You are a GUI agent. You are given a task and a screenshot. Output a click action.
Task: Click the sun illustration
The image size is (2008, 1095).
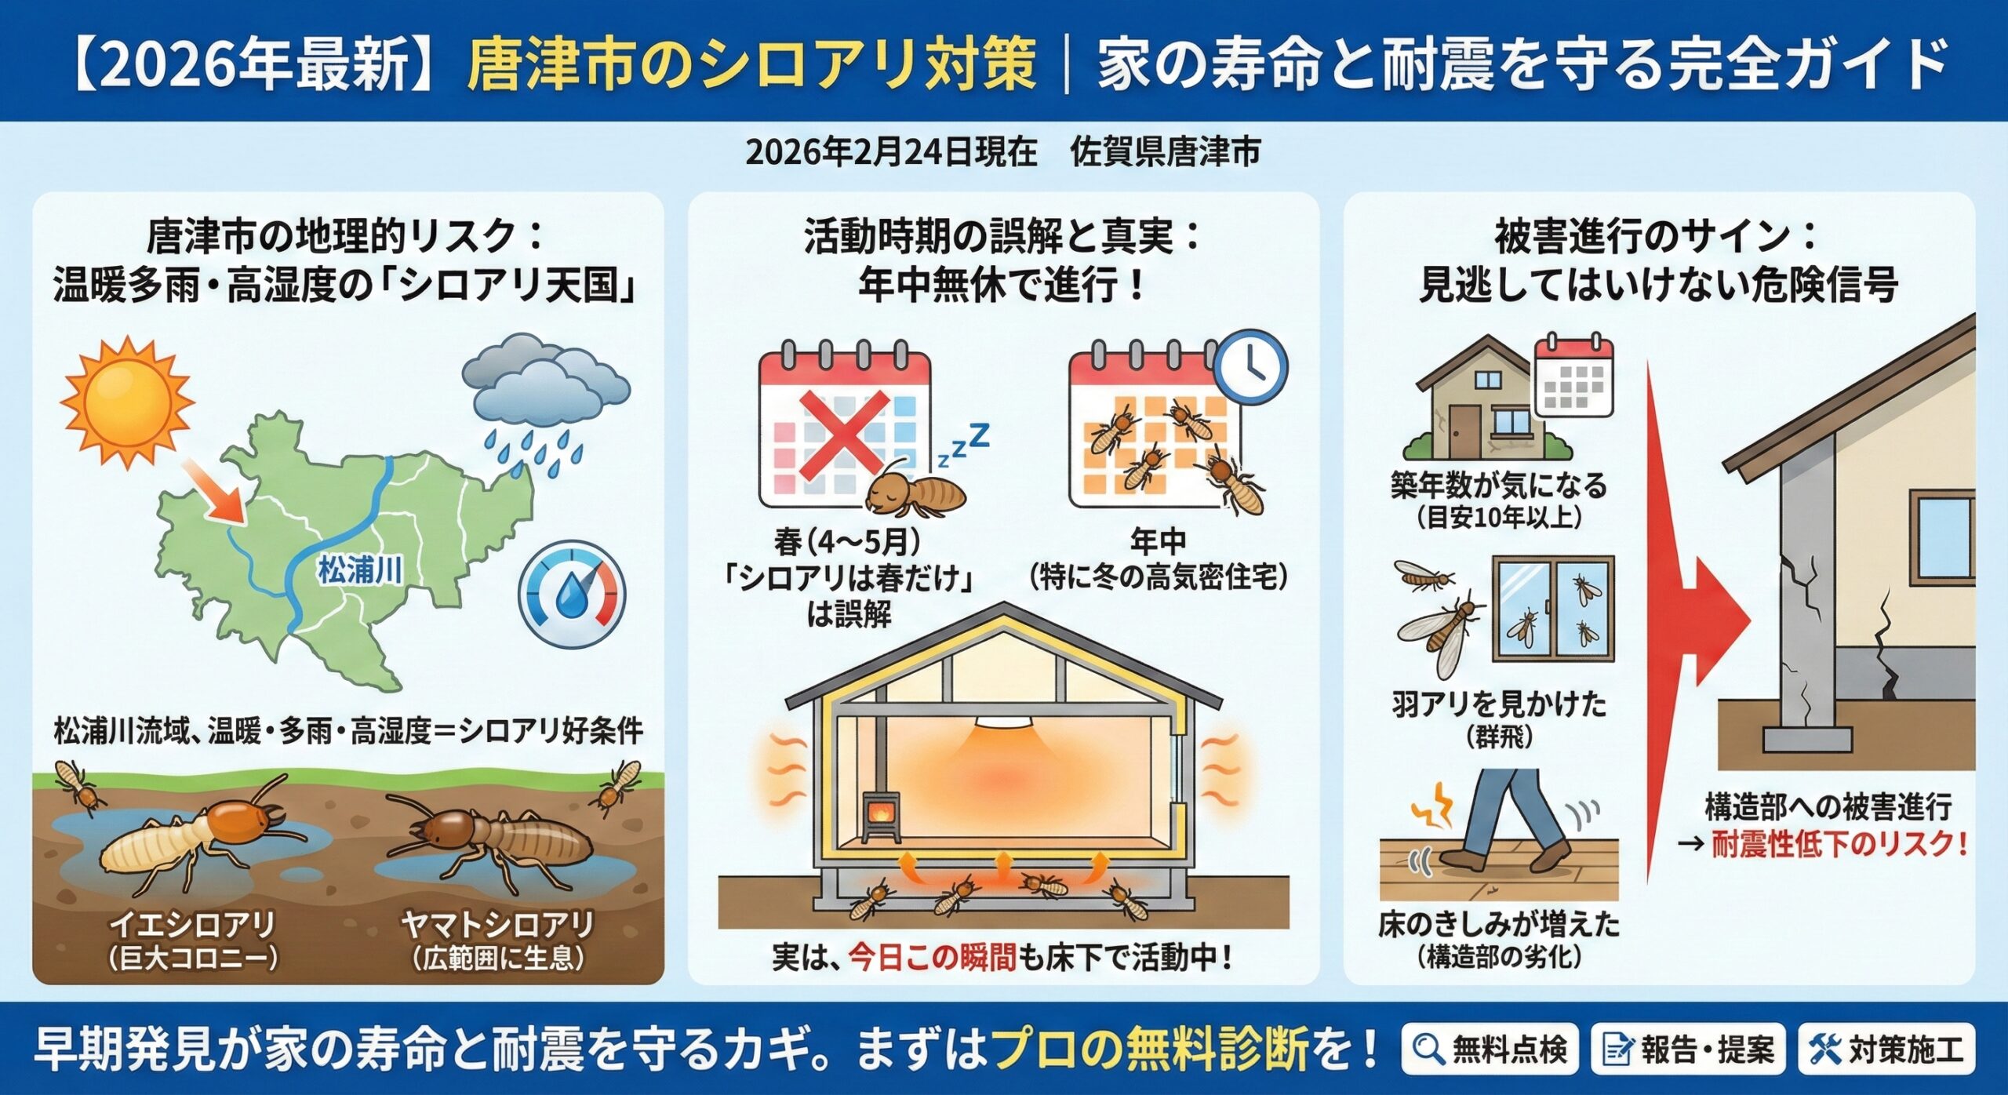[x=128, y=402]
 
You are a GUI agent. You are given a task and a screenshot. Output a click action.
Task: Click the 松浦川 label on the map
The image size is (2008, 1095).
[x=360, y=570]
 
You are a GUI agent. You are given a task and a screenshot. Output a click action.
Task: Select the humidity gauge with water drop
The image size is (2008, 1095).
[x=572, y=594]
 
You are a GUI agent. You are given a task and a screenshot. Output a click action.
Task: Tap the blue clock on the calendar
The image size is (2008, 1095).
[x=1251, y=367]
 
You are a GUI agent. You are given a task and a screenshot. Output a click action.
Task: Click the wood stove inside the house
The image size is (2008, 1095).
[x=882, y=819]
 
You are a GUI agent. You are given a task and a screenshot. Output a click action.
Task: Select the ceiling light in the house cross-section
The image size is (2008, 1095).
[x=1003, y=722]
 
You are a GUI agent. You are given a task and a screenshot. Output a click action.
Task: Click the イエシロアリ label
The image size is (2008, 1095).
[x=193, y=925]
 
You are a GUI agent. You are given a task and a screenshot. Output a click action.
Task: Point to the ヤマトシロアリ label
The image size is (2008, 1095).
[x=497, y=925]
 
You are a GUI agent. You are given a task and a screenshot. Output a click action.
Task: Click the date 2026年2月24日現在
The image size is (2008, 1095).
[x=891, y=152]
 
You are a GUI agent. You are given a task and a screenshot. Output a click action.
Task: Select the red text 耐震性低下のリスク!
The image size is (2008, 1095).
[x=1839, y=845]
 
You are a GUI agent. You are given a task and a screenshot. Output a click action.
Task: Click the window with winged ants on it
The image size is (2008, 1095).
[x=1553, y=609]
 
